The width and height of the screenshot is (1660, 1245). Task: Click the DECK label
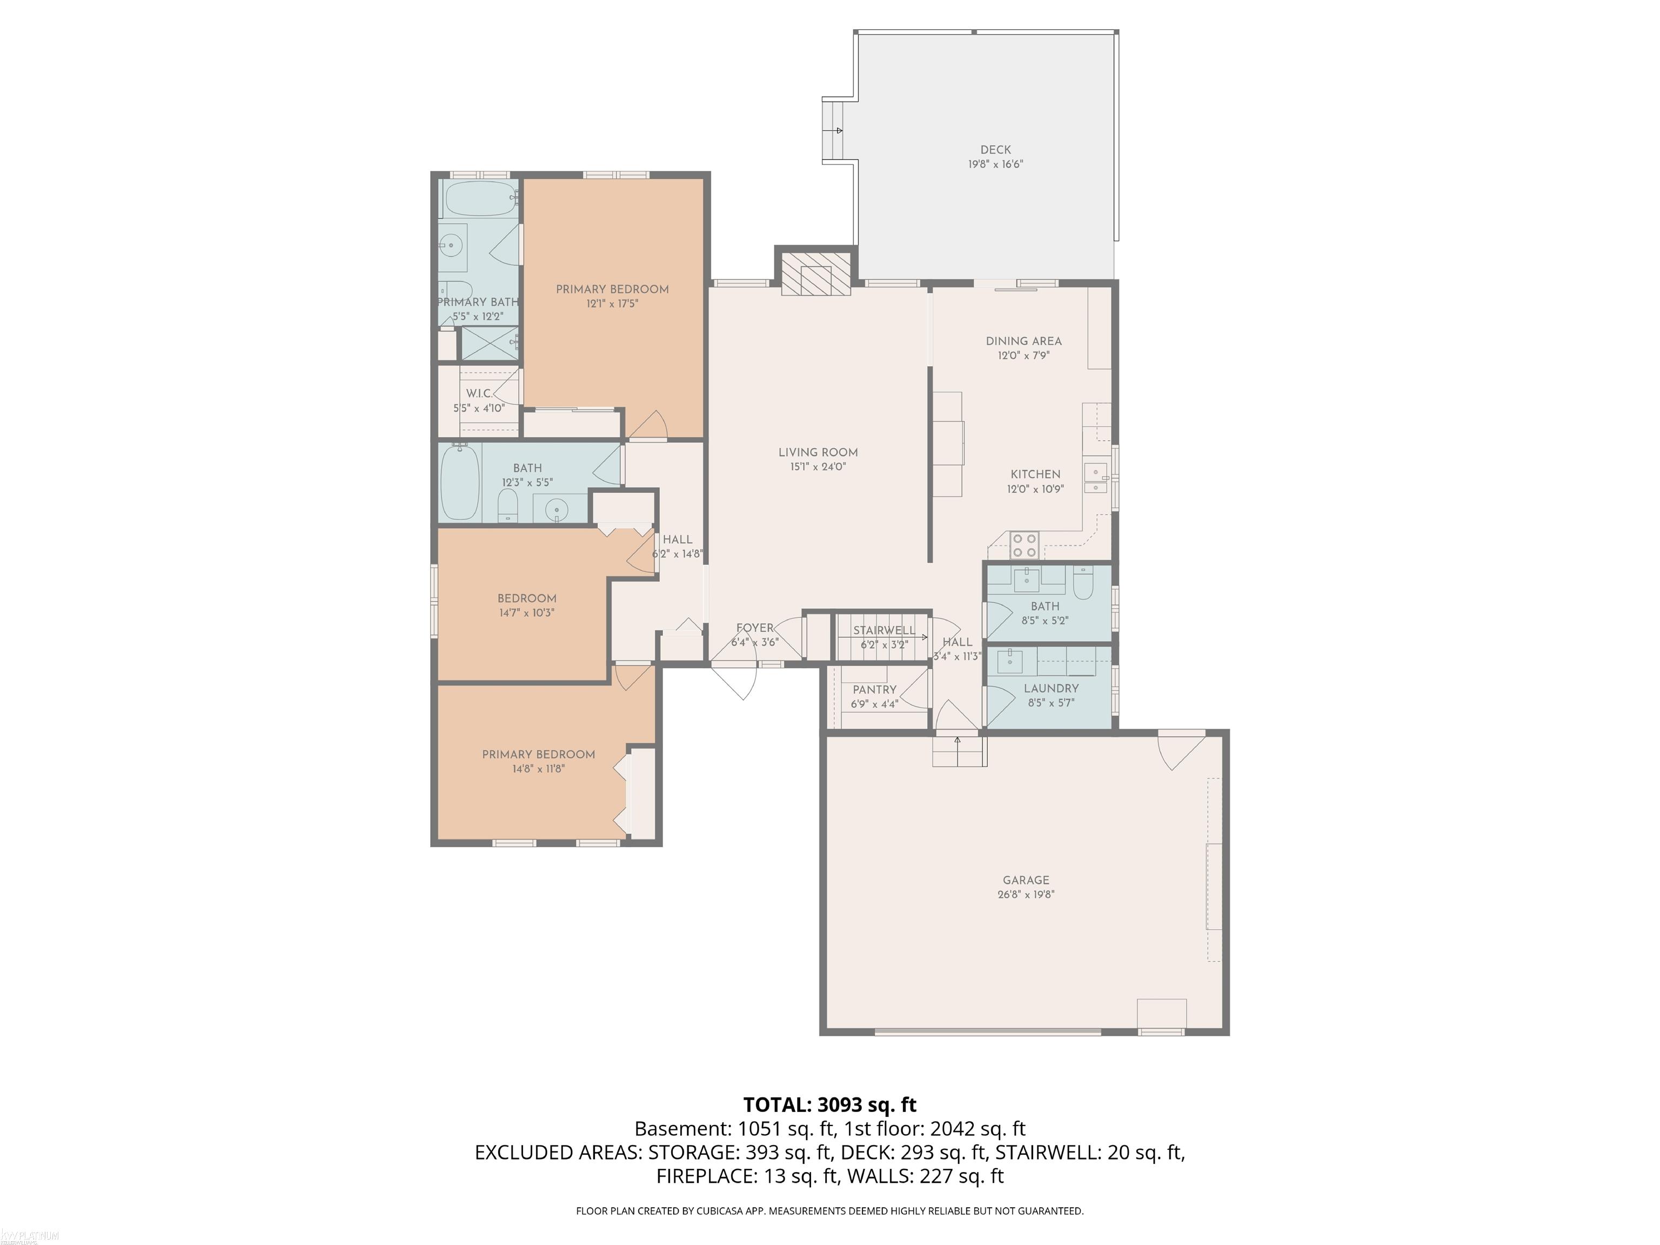[x=995, y=149]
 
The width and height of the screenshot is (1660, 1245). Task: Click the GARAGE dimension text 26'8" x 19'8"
[x=1025, y=894]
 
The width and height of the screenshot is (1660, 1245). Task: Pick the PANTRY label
[x=874, y=689]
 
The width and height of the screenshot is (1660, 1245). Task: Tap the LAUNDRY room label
[x=1050, y=688]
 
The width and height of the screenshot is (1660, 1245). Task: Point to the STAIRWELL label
[x=883, y=630]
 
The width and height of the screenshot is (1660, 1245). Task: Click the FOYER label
[x=754, y=628]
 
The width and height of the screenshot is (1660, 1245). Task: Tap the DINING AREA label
[x=1023, y=341]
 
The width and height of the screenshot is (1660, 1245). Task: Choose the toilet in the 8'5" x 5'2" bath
[x=1083, y=583]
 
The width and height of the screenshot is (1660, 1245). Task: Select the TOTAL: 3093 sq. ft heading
[x=829, y=1104]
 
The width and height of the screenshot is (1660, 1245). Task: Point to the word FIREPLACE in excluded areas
[x=706, y=1176]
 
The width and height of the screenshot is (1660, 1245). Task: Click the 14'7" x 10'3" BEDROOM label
[x=527, y=598]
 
